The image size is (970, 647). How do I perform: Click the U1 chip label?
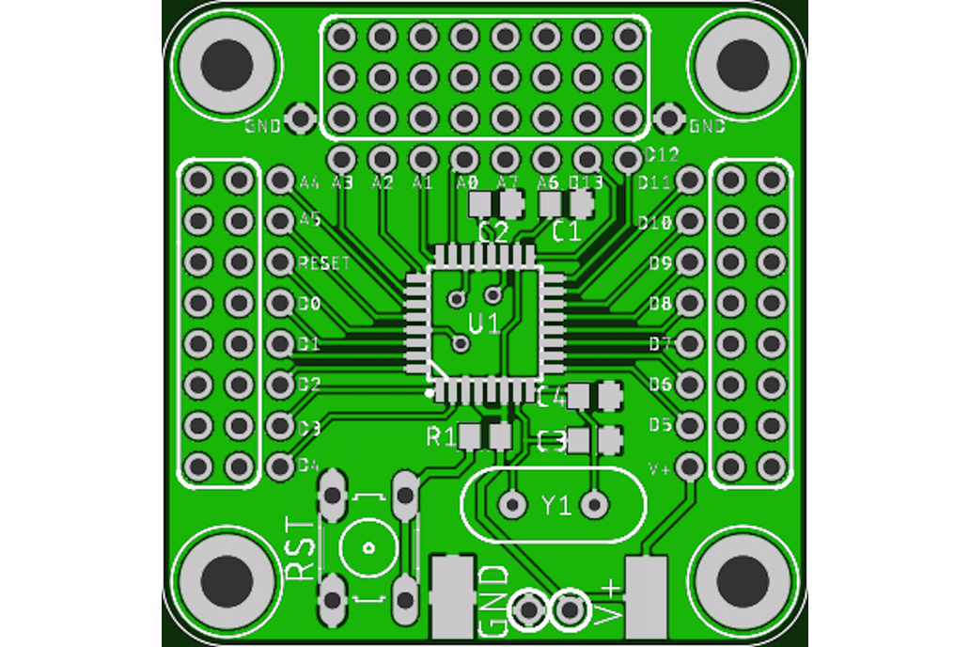coord(484,324)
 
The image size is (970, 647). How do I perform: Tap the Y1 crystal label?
coord(555,506)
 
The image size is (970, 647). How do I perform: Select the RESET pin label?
coord(323,263)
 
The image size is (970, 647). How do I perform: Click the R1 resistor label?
coord(441,436)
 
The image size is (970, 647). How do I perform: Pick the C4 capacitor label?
coord(552,397)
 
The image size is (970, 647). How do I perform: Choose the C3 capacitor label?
coord(552,440)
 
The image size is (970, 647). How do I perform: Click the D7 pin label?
coord(660,344)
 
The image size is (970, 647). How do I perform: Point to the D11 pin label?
coord(654,182)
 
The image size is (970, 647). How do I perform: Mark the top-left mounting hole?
coord(227,63)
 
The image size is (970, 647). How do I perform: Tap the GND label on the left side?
coord(262,126)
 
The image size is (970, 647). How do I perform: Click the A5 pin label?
coord(309,220)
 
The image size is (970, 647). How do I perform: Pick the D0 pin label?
coord(309,304)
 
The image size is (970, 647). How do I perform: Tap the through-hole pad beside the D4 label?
coord(280,466)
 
